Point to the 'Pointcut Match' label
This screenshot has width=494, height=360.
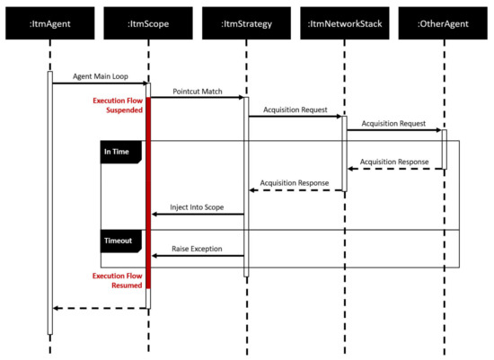197,91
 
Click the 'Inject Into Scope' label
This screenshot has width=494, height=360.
197,206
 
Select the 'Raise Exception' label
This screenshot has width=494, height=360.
197,248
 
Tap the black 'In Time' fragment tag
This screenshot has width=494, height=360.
117,153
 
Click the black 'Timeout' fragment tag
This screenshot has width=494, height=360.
117,241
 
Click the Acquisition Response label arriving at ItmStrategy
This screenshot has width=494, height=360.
295,182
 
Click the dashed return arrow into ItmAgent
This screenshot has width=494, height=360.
99,308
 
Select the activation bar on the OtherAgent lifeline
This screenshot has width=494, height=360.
443,148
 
